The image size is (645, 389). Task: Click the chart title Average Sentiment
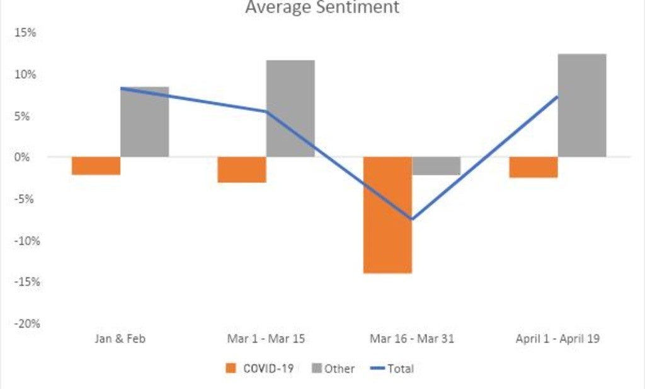coord(322,8)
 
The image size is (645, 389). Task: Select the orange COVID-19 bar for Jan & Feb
coord(96,166)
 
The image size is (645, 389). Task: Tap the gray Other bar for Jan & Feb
coord(144,122)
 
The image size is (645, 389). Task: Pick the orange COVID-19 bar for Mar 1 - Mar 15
coord(242,170)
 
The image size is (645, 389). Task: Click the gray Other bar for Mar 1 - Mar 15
coord(290,108)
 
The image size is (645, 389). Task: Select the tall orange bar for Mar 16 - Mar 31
coord(387,215)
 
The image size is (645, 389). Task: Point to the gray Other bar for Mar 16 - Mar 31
coord(436,166)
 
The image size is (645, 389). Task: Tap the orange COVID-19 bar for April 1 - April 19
coord(534,167)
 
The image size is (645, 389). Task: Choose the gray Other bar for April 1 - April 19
coord(582,105)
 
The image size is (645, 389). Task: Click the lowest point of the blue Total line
coord(412,219)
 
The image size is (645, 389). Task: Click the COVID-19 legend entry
coord(260,369)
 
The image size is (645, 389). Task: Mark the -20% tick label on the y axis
coord(23,323)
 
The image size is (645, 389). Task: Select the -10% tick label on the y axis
coord(23,240)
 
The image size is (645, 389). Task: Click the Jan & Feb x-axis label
coord(120,339)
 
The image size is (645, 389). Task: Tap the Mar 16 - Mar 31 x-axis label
coord(411,339)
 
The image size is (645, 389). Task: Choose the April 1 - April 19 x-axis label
coord(557,339)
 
